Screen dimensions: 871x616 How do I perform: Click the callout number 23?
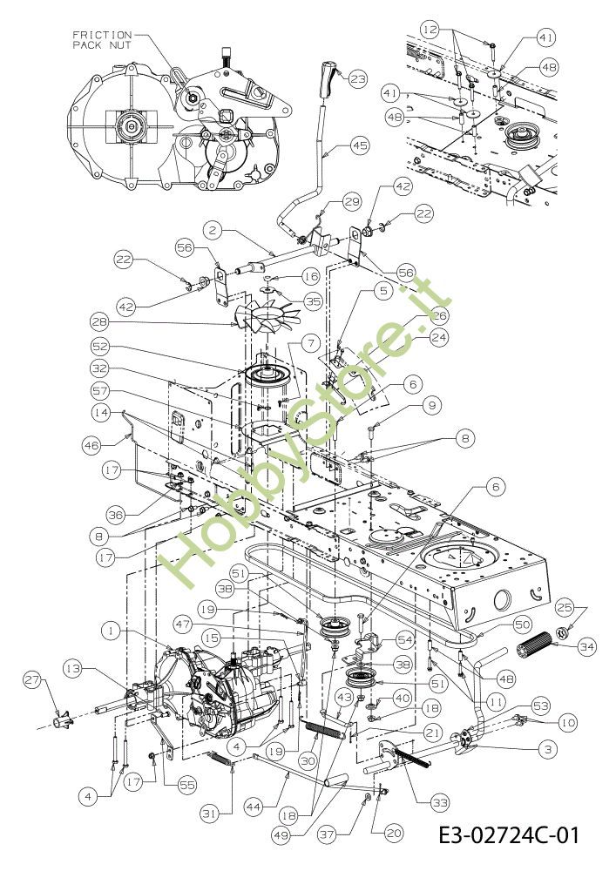(x=358, y=78)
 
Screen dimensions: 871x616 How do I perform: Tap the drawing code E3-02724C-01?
(x=509, y=837)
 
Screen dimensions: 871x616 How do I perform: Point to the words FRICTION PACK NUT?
(x=103, y=38)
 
